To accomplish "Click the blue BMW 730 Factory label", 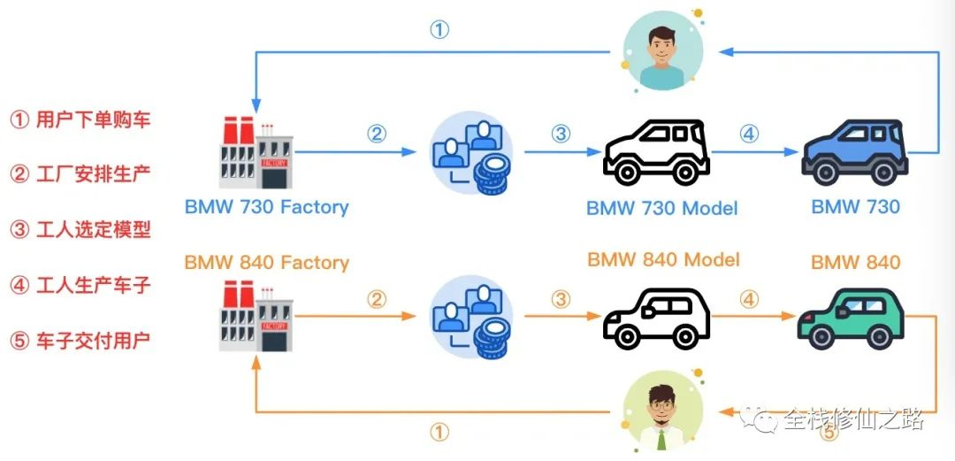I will click(x=266, y=207).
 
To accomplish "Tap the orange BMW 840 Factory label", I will click(x=266, y=263).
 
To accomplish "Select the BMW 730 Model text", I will click(x=661, y=209).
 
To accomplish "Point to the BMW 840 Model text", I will click(x=663, y=259).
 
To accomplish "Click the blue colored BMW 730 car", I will click(x=855, y=150).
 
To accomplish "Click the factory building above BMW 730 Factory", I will click(x=256, y=154).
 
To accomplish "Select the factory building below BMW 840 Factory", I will click(x=256, y=319).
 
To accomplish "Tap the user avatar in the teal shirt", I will click(x=662, y=50).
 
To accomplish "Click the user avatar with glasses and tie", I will click(x=662, y=412).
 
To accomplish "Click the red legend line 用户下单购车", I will click(x=80, y=119).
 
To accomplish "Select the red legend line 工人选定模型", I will click(x=80, y=230).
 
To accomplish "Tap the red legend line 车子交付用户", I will click(x=80, y=340).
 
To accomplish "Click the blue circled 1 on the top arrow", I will click(x=439, y=29).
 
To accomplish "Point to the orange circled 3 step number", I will click(x=561, y=299).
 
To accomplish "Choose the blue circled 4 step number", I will click(x=749, y=134).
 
